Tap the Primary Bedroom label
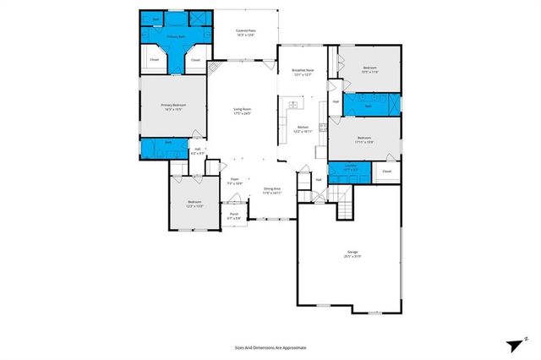coord(173,106)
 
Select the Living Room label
coord(244,112)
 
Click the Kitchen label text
coord(303,129)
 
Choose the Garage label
coord(352,254)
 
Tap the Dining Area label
coord(272,190)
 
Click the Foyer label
coord(236,181)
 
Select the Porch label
coord(234,215)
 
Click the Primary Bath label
coord(175,37)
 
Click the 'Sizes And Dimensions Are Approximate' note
coord(270,347)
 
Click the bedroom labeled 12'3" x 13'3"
coord(194,203)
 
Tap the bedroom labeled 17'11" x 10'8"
coord(364,139)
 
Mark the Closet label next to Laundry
coord(386,172)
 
